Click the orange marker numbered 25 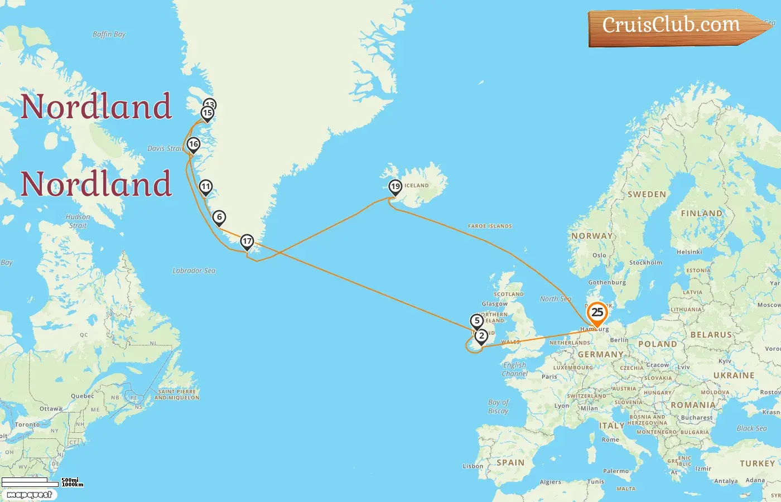tap(597, 313)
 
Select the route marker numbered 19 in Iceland tap(396, 187)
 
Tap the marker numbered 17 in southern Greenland tap(247, 242)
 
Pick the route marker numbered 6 tap(219, 217)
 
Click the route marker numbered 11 tap(206, 187)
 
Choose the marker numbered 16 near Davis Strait tap(194, 144)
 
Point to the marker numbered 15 tap(208, 113)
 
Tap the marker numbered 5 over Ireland tap(476, 321)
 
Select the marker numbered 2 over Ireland tap(481, 336)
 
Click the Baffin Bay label tap(109, 35)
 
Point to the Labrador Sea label tap(194, 271)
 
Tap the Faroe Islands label tap(490, 226)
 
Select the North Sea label tap(555, 299)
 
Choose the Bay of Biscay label tap(498, 407)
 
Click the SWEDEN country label tap(647, 195)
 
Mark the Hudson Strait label tap(78, 221)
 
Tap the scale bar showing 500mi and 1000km tap(42, 481)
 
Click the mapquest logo tap(30, 494)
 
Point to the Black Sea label tap(751, 428)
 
